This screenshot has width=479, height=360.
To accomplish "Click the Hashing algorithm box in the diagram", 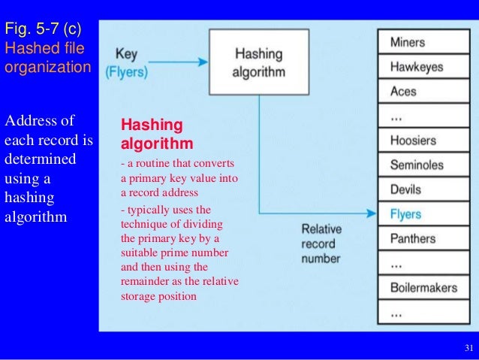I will click(x=259, y=62).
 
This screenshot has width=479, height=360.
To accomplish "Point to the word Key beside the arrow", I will click(x=125, y=54).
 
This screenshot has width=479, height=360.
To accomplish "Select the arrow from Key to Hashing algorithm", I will click(x=179, y=62).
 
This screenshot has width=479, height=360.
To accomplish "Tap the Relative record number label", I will click(x=321, y=244).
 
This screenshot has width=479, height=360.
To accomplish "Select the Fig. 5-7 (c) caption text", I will click(x=43, y=29).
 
